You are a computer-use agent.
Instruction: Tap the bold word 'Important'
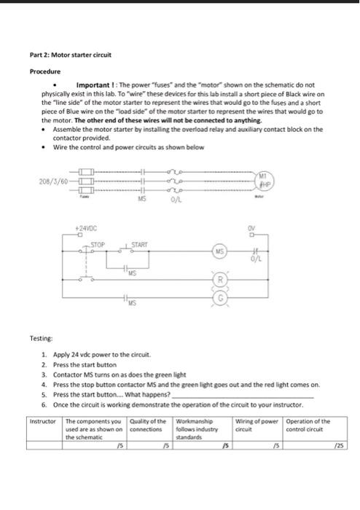[89, 85]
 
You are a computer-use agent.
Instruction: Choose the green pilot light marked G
[219, 299]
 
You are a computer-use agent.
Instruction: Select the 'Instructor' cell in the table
[42, 421]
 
